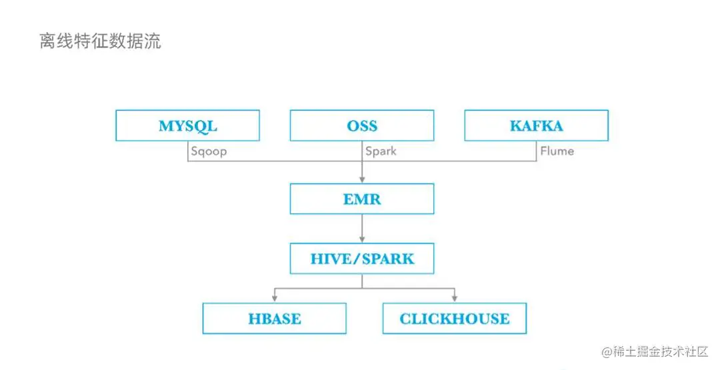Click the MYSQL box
[187, 125]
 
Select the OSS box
[361, 125]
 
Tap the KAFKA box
[536, 125]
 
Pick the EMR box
[361, 199]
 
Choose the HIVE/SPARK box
[361, 259]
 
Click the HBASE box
[274, 319]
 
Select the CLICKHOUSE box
[454, 319]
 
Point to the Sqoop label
[209, 151]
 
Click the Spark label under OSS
[381, 151]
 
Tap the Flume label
[557, 151]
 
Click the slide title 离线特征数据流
[100, 42]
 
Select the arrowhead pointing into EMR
[361, 180]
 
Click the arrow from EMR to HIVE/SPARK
[361, 228]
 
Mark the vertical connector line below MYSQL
[187, 151]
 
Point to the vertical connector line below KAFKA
[536, 151]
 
